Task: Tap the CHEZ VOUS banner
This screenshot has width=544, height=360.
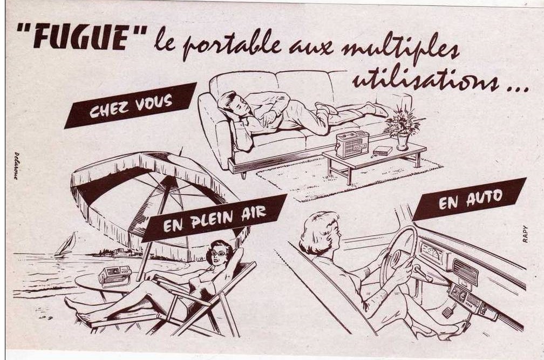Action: point(131,105)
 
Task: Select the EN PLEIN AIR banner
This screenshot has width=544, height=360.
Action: point(214,218)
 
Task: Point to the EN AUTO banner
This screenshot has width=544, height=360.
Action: point(470,199)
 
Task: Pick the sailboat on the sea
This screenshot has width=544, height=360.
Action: point(66,245)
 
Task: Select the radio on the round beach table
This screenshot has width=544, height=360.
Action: point(115,276)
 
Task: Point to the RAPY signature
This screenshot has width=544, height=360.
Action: point(525,234)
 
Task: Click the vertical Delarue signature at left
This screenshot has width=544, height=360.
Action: point(16,166)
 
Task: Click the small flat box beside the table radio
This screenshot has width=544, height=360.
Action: point(382,152)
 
